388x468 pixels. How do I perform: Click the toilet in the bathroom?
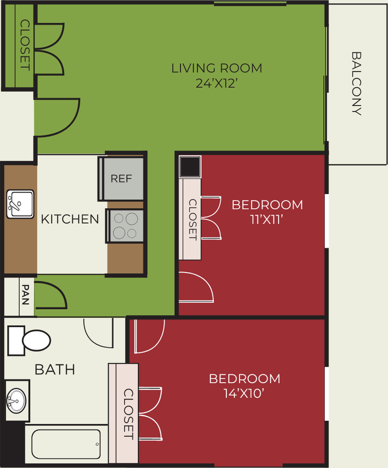point(29,341)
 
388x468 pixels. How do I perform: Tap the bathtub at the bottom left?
point(66,444)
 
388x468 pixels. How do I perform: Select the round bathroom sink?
point(17,401)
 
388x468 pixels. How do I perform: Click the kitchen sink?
point(20,204)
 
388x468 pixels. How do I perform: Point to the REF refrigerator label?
point(121,178)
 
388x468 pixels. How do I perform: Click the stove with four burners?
point(125,226)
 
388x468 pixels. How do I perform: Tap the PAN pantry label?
point(26,294)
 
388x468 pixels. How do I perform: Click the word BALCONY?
point(356,83)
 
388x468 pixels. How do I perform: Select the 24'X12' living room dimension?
point(217,83)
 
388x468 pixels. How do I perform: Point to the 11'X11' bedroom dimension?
point(266,220)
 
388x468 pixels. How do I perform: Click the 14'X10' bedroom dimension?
point(244,393)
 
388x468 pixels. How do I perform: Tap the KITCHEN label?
point(70,219)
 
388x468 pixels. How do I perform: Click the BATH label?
point(55,370)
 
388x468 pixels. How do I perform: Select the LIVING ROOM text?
point(217,68)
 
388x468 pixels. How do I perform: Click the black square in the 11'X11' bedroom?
point(190,167)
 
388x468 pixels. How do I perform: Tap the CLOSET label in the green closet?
point(25,45)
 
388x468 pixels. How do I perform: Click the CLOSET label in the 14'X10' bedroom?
point(128,414)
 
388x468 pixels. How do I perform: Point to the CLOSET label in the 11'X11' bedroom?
point(193,219)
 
